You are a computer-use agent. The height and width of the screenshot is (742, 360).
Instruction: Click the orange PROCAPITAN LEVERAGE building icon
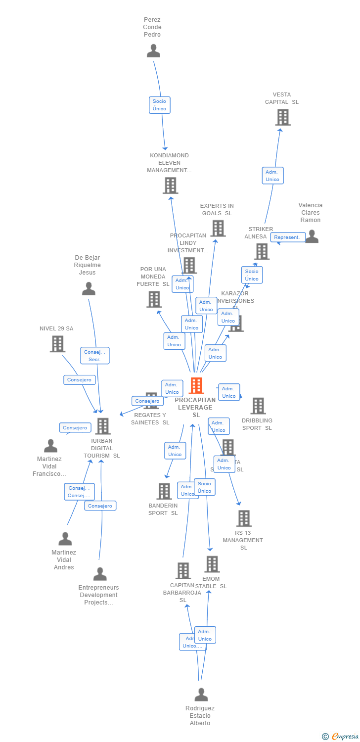[196, 386]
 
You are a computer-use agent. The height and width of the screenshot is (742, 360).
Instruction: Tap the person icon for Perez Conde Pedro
[153, 51]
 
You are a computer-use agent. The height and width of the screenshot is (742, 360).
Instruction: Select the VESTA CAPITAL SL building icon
[282, 117]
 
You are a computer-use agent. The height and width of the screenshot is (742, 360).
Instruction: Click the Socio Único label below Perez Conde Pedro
[159, 105]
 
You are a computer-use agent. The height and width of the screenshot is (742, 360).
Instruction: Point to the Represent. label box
[287, 237]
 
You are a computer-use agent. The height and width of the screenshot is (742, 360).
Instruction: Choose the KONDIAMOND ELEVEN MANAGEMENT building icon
[170, 185]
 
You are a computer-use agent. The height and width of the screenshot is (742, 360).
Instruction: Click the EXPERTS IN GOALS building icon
[218, 229]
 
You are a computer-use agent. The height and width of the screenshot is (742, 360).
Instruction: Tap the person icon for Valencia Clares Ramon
[312, 236]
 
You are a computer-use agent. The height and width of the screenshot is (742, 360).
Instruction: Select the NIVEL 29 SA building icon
[57, 344]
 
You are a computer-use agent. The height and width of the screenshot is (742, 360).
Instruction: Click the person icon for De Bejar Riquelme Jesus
[89, 289]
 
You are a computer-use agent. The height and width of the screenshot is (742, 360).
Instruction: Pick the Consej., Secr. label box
[94, 356]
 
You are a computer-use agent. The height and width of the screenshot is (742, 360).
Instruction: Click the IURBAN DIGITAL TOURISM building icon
[102, 426]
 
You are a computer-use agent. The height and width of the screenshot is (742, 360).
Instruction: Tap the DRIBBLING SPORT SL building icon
[258, 406]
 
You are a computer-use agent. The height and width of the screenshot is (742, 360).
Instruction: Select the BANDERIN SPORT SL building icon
[164, 491]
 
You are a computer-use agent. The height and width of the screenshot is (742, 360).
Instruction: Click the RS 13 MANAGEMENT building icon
[244, 518]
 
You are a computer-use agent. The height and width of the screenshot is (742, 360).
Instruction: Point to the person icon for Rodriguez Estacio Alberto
[201, 695]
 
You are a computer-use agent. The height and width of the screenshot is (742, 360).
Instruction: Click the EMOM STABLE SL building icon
[212, 564]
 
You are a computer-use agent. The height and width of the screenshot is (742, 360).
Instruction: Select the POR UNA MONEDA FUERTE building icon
[154, 299]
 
